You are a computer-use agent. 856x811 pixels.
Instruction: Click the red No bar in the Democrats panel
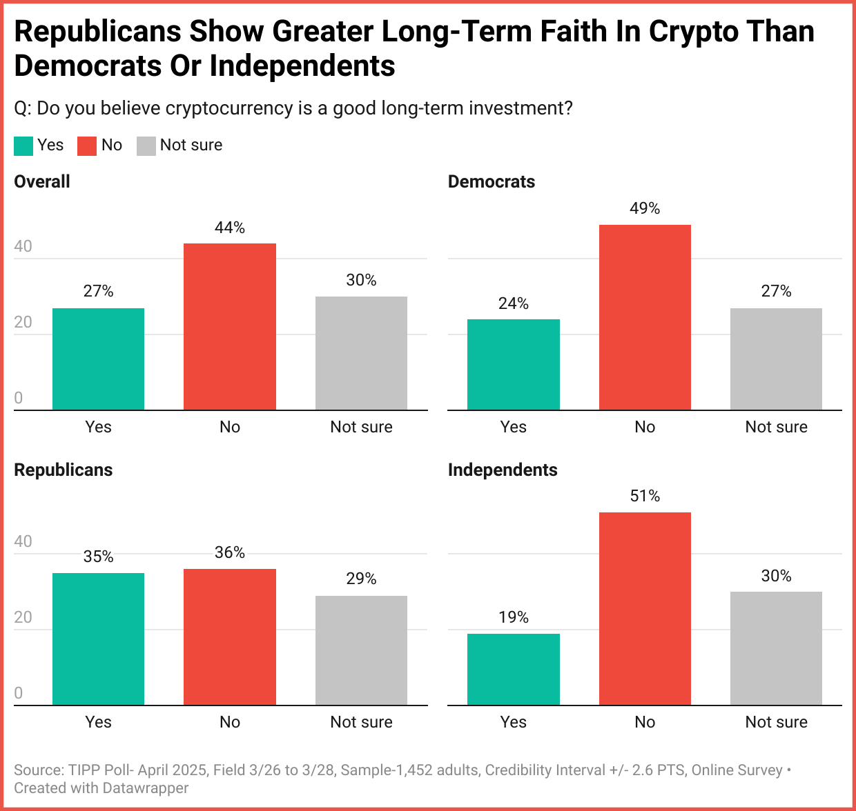pyautogui.click(x=645, y=317)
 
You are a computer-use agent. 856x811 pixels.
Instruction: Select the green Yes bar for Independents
pyautogui.click(x=513, y=669)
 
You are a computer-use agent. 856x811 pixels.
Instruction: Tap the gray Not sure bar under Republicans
pyautogui.click(x=361, y=650)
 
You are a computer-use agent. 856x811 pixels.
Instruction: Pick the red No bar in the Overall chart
pyautogui.click(x=230, y=327)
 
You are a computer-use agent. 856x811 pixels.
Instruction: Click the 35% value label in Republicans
pyautogui.click(x=98, y=557)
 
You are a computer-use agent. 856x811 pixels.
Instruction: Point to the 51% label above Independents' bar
pyautogui.click(x=645, y=496)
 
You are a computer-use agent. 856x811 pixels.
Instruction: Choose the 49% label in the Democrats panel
pyautogui.click(x=645, y=208)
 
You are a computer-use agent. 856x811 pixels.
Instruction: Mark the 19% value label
pyautogui.click(x=513, y=617)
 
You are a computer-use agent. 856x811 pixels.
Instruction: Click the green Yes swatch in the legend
pyautogui.click(x=23, y=146)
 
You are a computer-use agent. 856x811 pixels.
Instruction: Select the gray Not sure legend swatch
pyautogui.click(x=146, y=146)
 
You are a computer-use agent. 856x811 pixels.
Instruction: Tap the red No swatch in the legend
pyautogui.click(x=87, y=146)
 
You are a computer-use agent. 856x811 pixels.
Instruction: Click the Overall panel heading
pyautogui.click(x=42, y=181)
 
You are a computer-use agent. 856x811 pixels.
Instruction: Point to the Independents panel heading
pyautogui.click(x=503, y=470)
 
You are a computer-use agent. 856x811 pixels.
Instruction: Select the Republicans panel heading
pyautogui.click(x=64, y=470)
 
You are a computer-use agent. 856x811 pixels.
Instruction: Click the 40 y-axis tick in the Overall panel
pyautogui.click(x=23, y=246)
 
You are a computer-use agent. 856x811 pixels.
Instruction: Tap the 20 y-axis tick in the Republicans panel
pyautogui.click(x=23, y=617)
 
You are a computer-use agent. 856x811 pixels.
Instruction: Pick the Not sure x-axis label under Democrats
pyautogui.click(x=776, y=427)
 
